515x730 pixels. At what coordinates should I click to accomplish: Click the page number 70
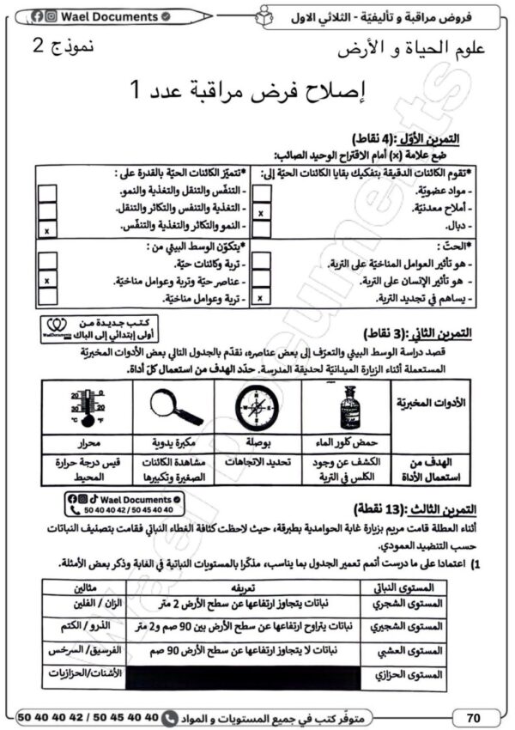473,715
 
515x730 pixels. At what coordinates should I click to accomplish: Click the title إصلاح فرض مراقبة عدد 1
257,88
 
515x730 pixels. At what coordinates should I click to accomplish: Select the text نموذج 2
62,46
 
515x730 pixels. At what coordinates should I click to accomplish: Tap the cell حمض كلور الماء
348,441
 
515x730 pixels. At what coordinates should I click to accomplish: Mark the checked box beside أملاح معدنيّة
261,210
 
